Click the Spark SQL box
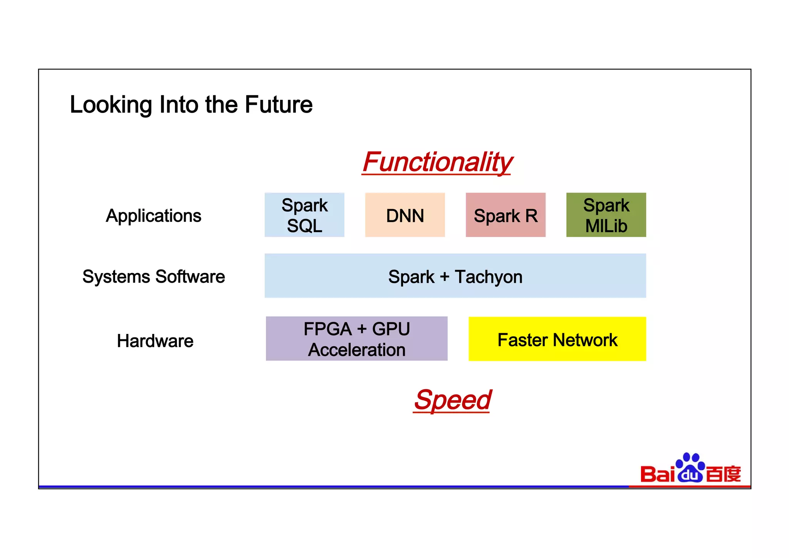(304, 215)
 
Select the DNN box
(405, 215)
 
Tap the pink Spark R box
(505, 215)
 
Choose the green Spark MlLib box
(606, 215)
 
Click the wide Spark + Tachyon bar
(455, 275)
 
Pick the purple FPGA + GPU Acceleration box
(356, 339)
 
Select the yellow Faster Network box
(557, 339)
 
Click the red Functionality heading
(437, 162)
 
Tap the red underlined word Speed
(452, 400)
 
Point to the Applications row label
(153, 216)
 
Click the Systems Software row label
(153, 276)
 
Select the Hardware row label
(155, 341)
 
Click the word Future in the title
(279, 105)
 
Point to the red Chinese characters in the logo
(724, 474)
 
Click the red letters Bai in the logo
(658, 474)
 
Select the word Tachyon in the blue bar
(489, 277)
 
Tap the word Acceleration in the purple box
(356, 350)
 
